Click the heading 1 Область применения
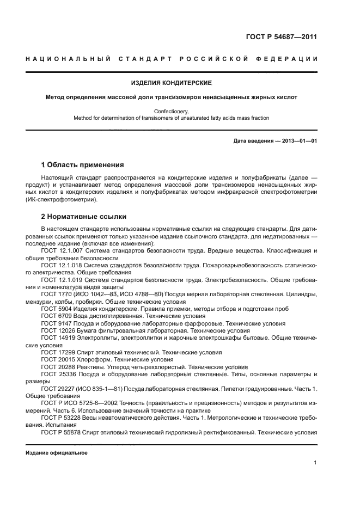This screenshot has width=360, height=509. tap(82, 165)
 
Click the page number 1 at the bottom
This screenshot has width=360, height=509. tap(315, 463)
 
